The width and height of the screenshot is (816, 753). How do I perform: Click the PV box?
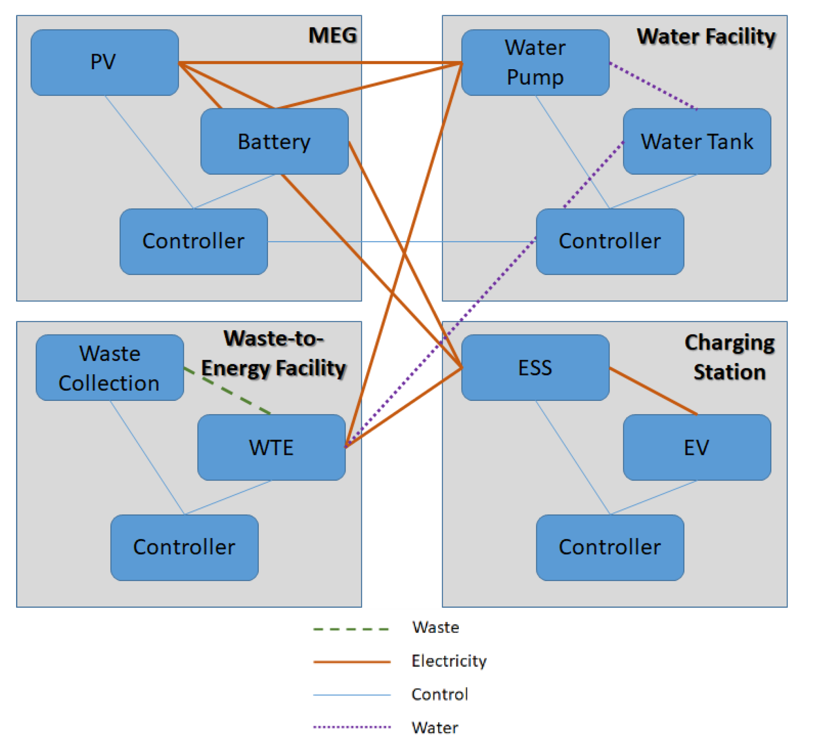point(104,62)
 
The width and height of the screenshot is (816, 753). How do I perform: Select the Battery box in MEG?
point(274,141)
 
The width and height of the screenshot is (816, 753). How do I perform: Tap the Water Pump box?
point(535,62)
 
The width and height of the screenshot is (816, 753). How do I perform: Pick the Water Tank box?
point(696,141)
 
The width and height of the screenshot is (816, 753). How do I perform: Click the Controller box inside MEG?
point(194,241)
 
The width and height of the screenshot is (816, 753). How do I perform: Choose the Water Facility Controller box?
point(610,241)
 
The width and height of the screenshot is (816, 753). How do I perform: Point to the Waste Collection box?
point(109,367)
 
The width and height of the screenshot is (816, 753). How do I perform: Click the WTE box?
point(271,447)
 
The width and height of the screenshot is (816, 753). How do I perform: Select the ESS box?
point(535,367)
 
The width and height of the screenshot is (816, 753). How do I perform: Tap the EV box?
point(696,447)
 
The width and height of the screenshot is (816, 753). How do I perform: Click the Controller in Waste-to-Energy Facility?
point(184,547)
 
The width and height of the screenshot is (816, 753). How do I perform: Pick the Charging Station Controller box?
point(610,547)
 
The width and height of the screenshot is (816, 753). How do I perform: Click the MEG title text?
point(332,35)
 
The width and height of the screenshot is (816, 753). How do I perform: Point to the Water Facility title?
point(706,37)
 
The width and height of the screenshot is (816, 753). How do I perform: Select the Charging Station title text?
point(729,357)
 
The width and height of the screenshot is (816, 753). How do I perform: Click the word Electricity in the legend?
point(449,661)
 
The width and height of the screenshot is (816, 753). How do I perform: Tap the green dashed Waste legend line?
point(351,629)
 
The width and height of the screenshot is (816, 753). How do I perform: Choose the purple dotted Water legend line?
point(351,727)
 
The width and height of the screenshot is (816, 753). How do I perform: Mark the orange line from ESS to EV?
point(653,391)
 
